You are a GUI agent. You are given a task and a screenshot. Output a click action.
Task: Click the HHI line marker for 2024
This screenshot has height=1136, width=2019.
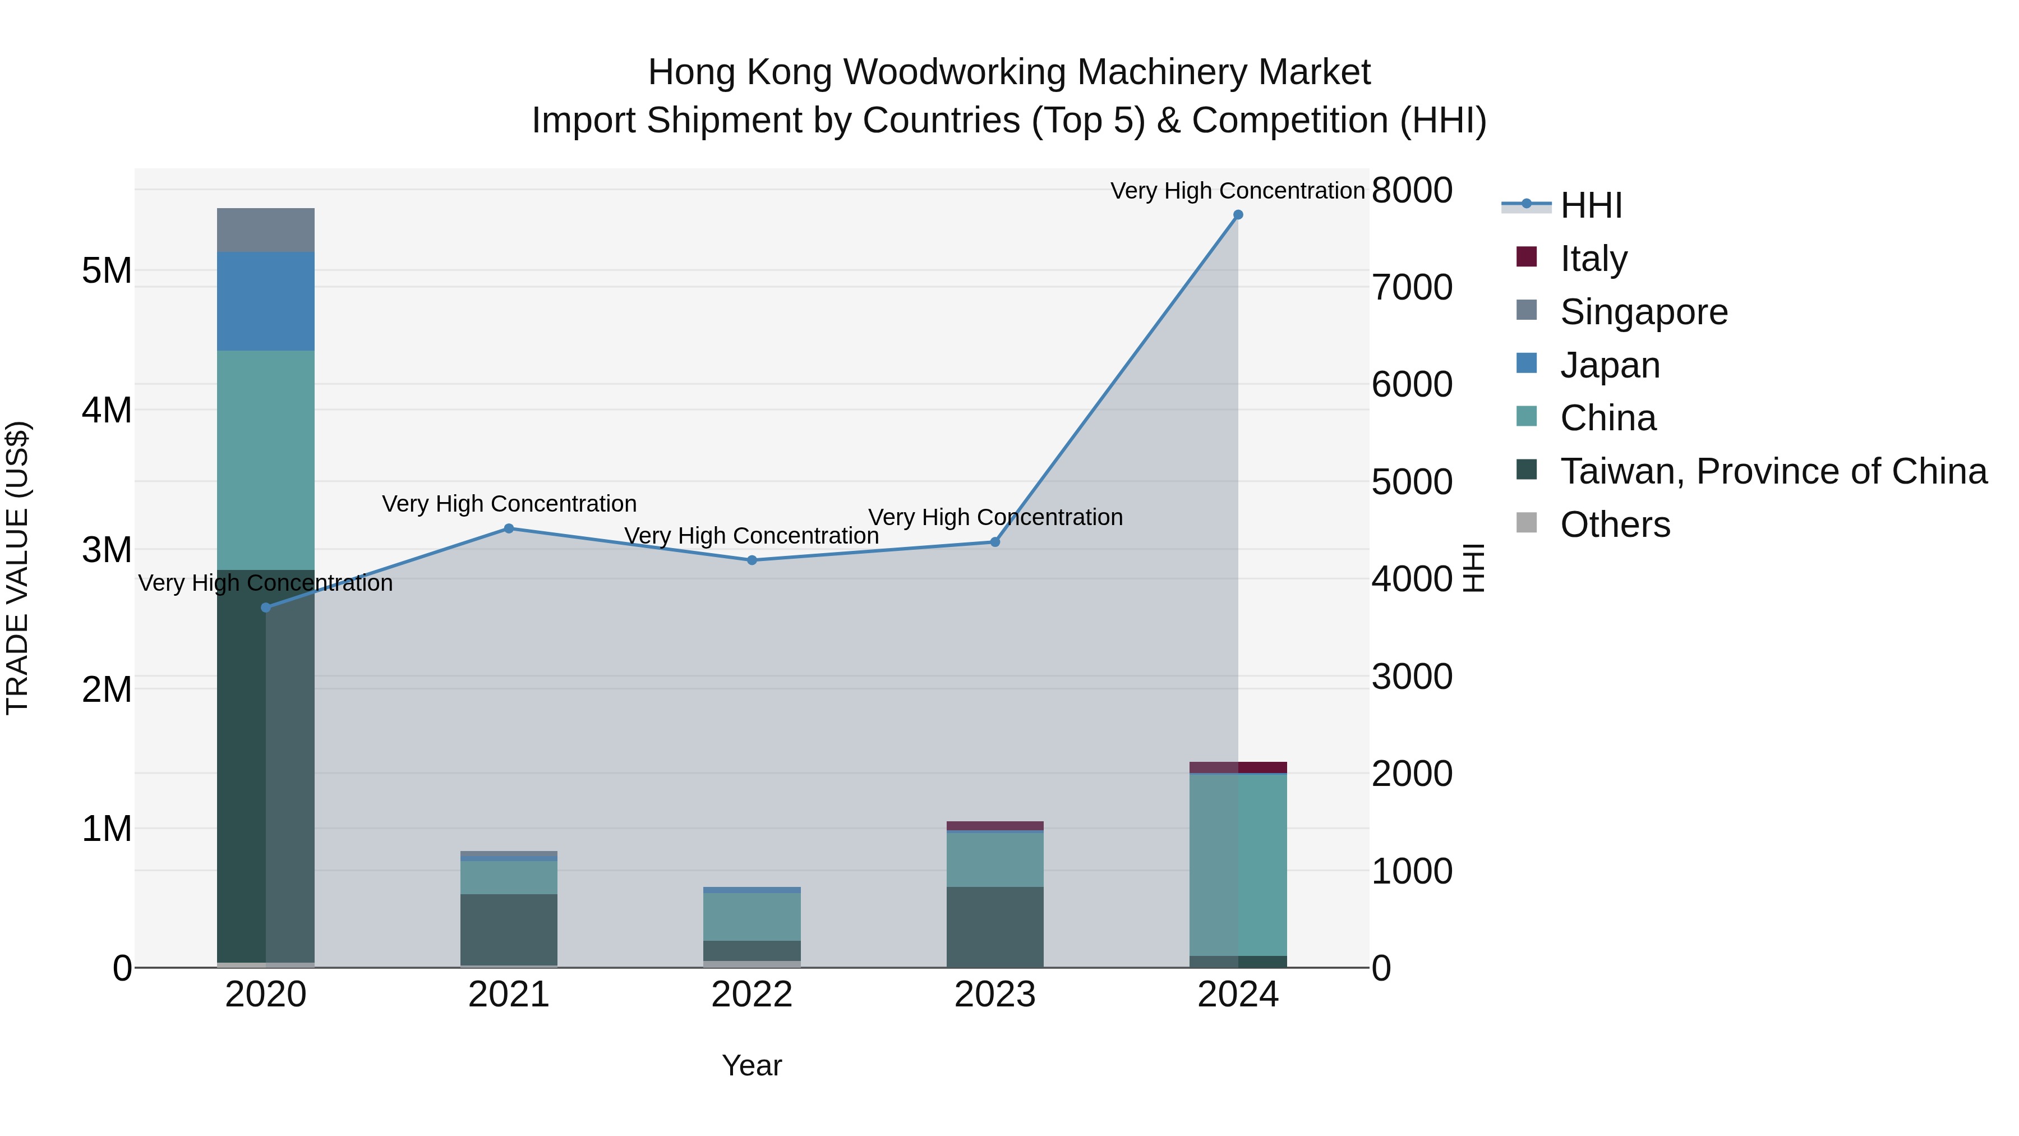coord(1238,215)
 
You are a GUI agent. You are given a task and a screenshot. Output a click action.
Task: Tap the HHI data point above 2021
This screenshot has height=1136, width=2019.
coord(509,528)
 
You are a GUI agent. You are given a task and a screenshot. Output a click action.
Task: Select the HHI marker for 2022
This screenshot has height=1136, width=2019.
coord(752,560)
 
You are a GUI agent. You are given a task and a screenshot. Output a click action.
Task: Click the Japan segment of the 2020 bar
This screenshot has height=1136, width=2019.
coord(266,301)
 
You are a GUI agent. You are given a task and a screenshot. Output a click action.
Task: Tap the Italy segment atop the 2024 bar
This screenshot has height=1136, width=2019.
coord(1238,767)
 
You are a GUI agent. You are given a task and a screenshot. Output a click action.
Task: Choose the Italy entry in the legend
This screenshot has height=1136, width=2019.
coord(1593,258)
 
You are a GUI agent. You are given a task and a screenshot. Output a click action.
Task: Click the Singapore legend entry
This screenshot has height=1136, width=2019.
coord(1644,311)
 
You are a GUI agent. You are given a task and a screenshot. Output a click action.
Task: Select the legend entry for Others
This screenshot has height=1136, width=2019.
coord(1615,524)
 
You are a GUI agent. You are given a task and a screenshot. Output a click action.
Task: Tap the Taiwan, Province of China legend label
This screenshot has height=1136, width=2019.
coord(1773,471)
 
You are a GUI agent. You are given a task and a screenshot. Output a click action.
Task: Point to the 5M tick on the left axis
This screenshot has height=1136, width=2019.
coord(107,272)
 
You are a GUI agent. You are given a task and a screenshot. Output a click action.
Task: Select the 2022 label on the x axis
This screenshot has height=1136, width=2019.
coord(752,994)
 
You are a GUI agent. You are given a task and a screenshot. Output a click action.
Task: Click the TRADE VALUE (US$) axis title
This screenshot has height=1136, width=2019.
coord(17,568)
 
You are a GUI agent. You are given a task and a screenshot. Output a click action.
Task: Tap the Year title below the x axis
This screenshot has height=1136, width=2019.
coord(752,1065)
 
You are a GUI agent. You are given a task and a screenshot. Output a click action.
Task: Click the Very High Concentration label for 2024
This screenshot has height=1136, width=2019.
coord(1238,191)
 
